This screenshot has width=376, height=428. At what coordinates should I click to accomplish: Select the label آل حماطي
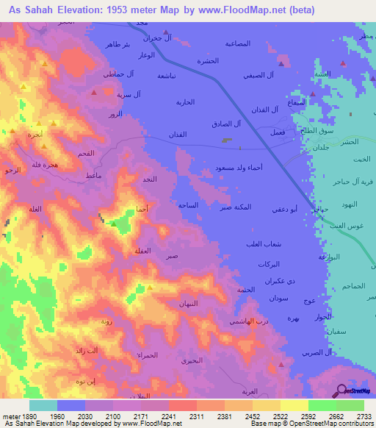click(x=103, y=76)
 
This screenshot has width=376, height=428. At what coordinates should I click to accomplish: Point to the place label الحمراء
click(x=145, y=354)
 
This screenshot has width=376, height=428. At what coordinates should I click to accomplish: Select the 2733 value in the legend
click(x=364, y=416)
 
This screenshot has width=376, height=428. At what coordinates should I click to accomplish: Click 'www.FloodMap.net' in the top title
click(x=243, y=10)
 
